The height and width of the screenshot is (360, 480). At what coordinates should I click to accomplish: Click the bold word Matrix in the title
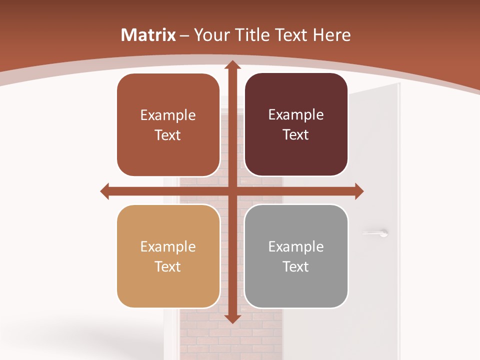148,35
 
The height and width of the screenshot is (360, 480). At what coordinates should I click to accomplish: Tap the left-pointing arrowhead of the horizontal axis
105,191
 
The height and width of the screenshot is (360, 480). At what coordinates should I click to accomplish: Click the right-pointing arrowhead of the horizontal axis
358,191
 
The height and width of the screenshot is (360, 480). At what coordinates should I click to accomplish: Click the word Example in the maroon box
296,115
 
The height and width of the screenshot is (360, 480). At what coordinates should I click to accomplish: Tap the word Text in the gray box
296,266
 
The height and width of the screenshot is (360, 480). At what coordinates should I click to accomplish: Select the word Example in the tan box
168,246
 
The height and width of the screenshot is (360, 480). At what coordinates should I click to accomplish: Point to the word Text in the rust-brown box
168,135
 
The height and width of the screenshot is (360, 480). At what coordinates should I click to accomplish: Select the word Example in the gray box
296,246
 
